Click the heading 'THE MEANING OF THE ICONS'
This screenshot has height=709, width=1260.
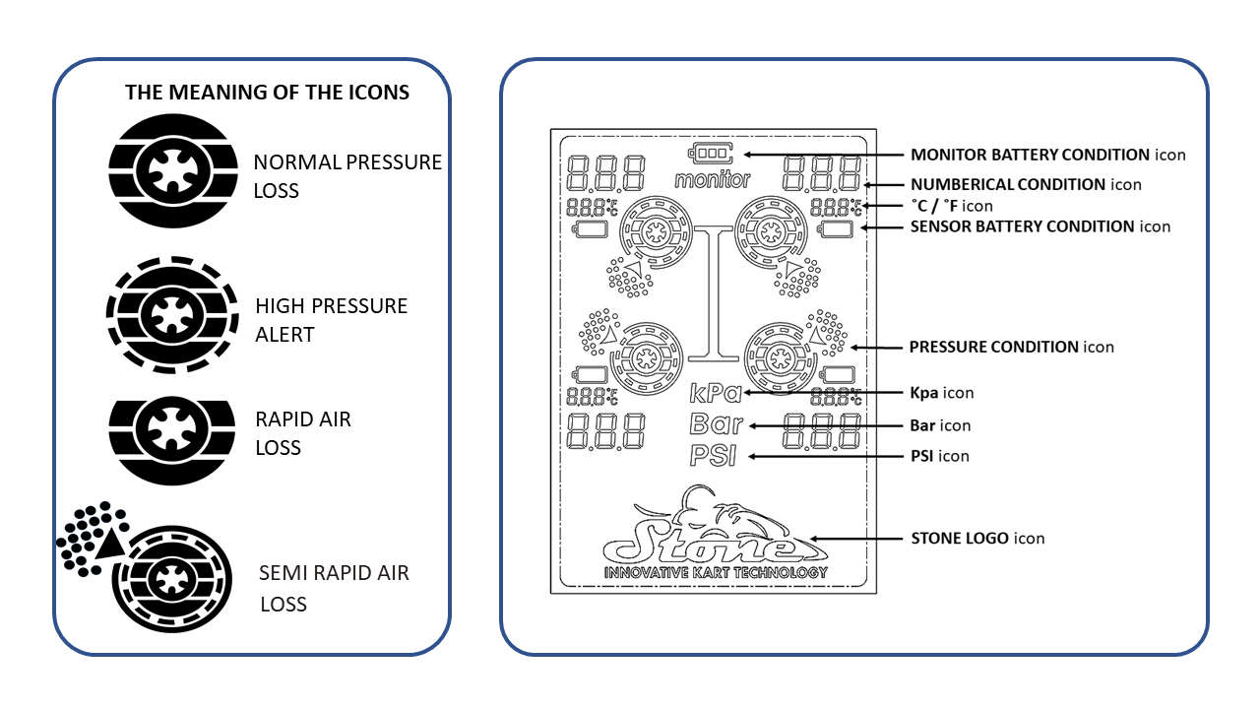pyautogui.click(x=267, y=94)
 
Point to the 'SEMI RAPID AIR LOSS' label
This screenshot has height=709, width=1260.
pyautogui.click(x=333, y=588)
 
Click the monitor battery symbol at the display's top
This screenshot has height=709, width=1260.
pyautogui.click(x=712, y=155)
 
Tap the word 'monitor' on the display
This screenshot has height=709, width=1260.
pyautogui.click(x=712, y=180)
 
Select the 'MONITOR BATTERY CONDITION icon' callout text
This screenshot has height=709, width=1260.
pyautogui.click(x=1047, y=155)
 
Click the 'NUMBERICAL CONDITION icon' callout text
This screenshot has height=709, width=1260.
pyautogui.click(x=1026, y=184)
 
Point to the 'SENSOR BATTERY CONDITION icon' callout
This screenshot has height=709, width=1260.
pyautogui.click(x=1039, y=226)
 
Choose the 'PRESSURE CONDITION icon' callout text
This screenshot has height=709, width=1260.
pyautogui.click(x=1012, y=347)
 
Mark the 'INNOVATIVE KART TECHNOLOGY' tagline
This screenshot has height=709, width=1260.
pyautogui.click(x=715, y=572)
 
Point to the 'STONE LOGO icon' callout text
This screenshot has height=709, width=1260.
pyautogui.click(x=977, y=539)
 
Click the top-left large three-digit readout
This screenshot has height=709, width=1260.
pyautogui.click(x=606, y=173)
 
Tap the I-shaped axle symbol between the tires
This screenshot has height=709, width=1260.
pyautogui.click(x=715, y=291)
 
